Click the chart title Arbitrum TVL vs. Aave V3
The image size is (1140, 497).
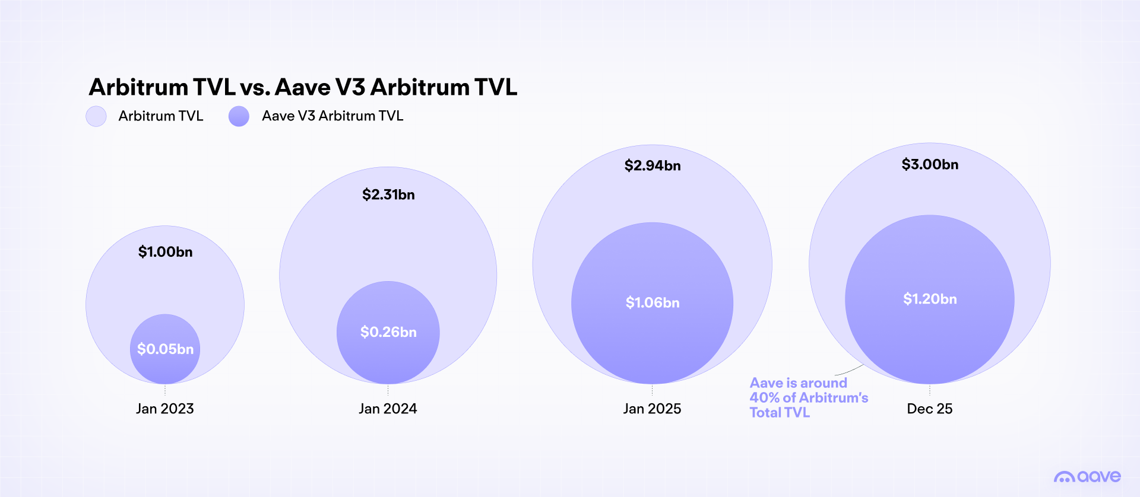pos(303,87)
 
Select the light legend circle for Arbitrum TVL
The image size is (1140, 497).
pos(96,116)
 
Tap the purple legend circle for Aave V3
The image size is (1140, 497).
pos(239,116)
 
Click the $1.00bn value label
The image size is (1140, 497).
pos(165,252)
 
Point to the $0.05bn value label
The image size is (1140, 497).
pos(165,349)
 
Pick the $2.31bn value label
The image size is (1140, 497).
pos(388,195)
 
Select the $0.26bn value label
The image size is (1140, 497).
pos(388,332)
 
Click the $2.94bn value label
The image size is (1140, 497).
pos(652,165)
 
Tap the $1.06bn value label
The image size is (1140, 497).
pos(652,303)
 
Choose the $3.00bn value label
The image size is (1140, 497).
pos(930,164)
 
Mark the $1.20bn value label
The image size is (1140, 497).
pos(930,299)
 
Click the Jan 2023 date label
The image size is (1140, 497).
pos(165,409)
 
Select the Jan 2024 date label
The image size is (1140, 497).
pos(388,409)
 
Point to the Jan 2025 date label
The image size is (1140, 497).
pos(652,409)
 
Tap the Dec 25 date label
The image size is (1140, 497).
pos(929,409)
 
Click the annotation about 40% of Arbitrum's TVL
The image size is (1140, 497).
pos(807,397)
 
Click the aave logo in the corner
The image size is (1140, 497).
pos(1087,476)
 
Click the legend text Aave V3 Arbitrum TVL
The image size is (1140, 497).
pos(332,116)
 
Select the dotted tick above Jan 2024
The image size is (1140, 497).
pos(388,390)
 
